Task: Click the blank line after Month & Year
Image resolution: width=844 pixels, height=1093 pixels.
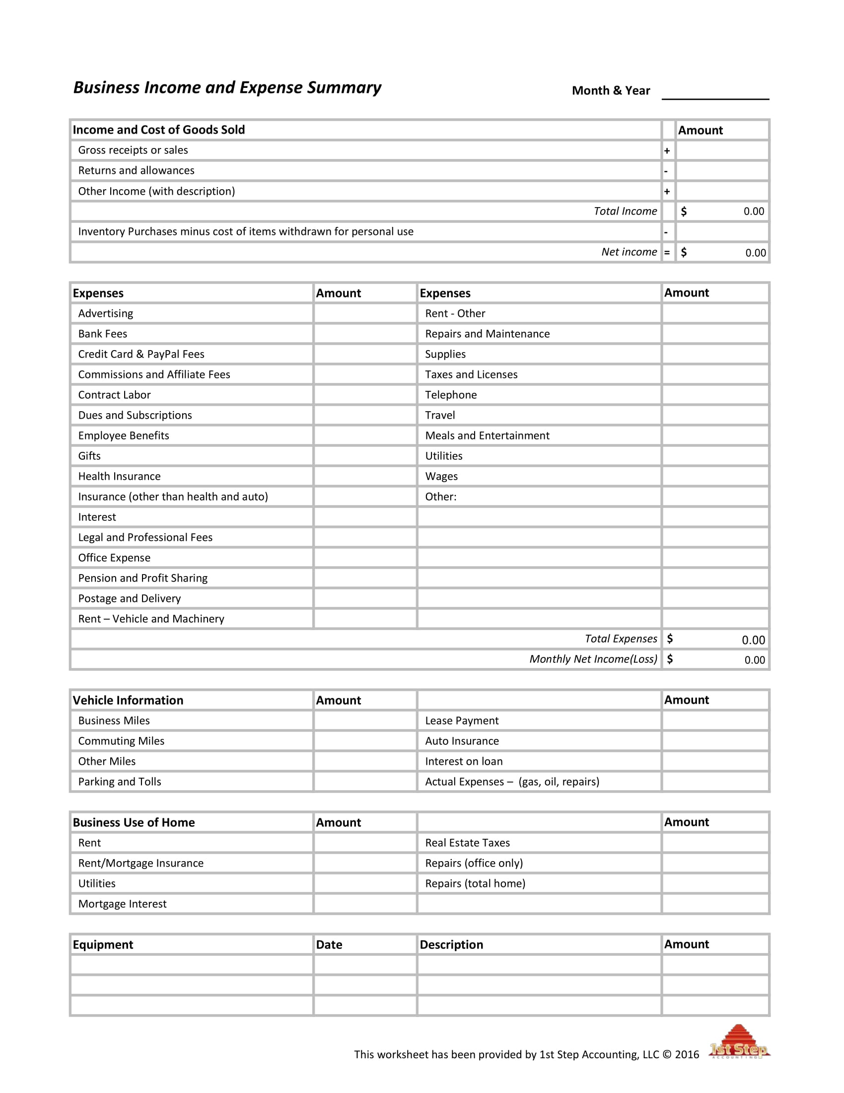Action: point(715,93)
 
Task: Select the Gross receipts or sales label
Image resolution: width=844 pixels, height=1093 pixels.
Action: point(133,150)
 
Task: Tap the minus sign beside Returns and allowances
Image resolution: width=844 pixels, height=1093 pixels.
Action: point(666,171)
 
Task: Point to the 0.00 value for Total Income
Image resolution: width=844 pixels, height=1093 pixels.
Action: point(754,211)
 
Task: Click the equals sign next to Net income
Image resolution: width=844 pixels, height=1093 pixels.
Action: point(667,253)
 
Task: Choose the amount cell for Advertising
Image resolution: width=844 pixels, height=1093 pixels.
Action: point(365,313)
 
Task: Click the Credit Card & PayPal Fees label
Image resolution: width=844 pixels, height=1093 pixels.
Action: point(141,355)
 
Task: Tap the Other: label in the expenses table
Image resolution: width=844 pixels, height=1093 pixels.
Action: point(440,497)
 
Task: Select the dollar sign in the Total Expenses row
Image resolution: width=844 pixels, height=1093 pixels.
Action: point(670,639)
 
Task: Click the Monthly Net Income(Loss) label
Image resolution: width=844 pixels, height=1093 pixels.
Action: point(593,659)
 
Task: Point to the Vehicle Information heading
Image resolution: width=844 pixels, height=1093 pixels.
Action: point(128,700)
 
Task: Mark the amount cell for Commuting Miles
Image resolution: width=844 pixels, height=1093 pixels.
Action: point(365,741)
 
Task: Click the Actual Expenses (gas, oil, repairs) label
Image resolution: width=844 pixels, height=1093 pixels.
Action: point(512,782)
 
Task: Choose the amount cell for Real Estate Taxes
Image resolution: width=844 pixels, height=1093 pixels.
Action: point(715,843)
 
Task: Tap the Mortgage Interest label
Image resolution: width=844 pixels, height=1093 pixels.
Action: point(122,904)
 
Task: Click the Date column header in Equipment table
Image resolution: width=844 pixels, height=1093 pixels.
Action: point(329,945)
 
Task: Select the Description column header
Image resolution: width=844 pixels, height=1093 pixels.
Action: point(451,945)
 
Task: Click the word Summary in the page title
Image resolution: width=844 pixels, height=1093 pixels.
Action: point(344,87)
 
